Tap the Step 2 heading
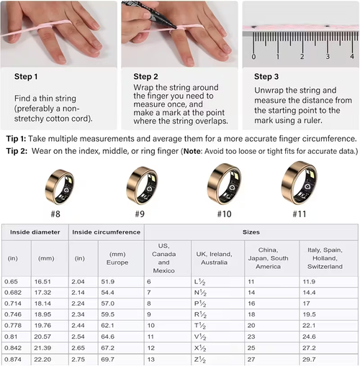click(x=149, y=76)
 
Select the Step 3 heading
click(x=270, y=76)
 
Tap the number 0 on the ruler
click(x=253, y=56)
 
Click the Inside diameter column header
click(x=34, y=232)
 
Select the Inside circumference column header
click(x=107, y=232)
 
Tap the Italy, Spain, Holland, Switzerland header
click(x=328, y=255)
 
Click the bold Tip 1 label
click(x=19, y=138)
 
